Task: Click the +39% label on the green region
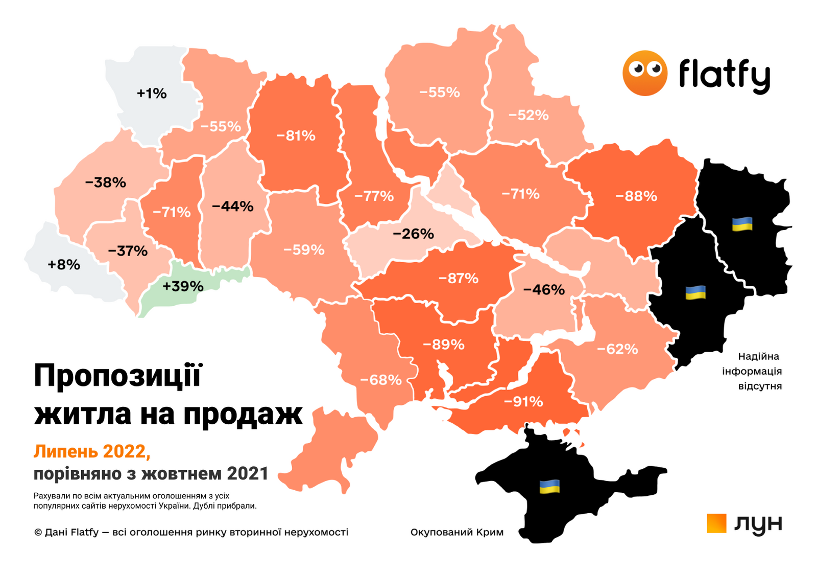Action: [x=183, y=286]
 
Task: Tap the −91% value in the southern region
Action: [x=523, y=402]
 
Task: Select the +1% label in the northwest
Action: [x=152, y=94]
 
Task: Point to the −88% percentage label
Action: [x=636, y=196]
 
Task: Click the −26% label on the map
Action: [x=413, y=234]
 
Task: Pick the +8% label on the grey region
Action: [x=64, y=265]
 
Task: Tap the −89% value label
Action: [x=443, y=345]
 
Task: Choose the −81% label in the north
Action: [x=296, y=136]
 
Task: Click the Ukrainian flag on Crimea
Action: [x=549, y=487]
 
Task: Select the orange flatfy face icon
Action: [x=644, y=73]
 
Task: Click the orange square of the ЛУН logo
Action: [x=716, y=523]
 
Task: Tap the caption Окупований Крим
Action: [x=456, y=532]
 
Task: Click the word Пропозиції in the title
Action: [x=118, y=376]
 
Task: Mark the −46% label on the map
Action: [x=544, y=290]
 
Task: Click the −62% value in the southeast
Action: [x=617, y=350]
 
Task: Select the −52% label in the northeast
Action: [x=528, y=116]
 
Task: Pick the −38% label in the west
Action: [x=105, y=182]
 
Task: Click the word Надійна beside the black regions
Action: [x=758, y=356]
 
